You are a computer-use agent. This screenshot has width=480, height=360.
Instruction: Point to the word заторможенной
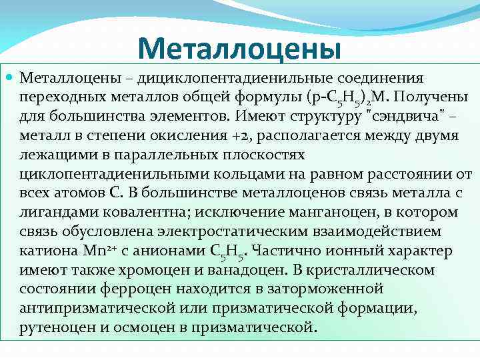click(x=327, y=290)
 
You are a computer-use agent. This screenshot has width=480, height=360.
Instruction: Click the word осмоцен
click(x=146, y=329)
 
